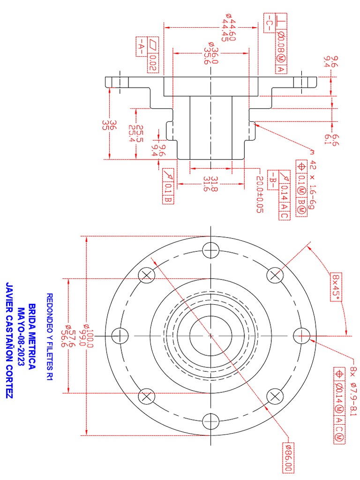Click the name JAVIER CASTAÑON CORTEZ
tap(8, 340)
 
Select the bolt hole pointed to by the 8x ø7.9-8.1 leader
tap(302, 335)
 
